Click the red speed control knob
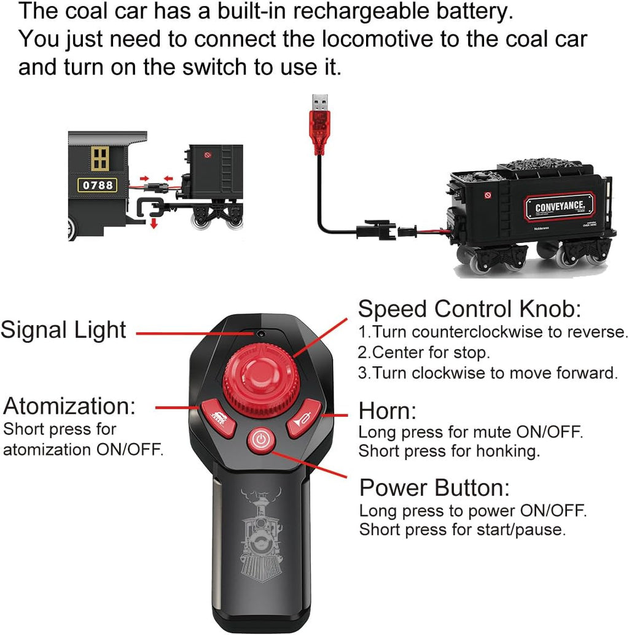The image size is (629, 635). pos(259,379)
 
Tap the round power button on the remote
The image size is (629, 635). pos(261,440)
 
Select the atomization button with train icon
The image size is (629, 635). pos(218,418)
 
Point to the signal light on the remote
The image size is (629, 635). pos(260,334)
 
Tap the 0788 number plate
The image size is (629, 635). pos(97,185)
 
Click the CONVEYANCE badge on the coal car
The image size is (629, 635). pos(559,207)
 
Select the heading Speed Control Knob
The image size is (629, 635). pos(469,309)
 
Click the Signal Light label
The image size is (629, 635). pos(63,329)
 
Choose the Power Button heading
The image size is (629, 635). pos(434,487)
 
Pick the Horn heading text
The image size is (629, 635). pos(388,410)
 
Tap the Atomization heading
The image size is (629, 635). pos(69,406)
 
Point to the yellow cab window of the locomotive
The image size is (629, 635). pos(100,158)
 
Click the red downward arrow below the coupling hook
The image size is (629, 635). pos(154,223)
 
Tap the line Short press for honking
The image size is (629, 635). pos(450,451)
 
